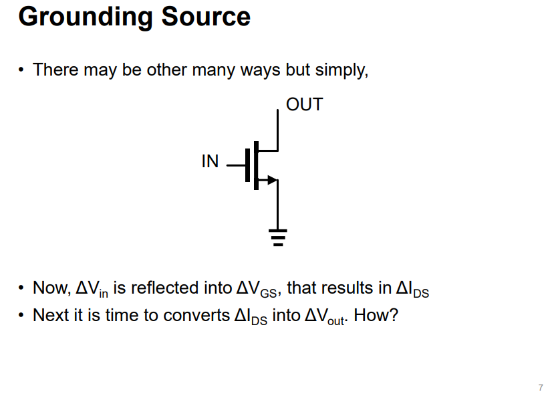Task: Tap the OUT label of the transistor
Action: [304, 104]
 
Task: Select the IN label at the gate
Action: [210, 162]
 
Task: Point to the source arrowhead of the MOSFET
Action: [271, 179]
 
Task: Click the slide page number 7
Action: [540, 387]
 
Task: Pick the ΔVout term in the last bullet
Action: [325, 316]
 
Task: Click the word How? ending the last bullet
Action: [376, 314]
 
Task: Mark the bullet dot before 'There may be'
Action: [22, 70]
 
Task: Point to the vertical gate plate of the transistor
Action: [247, 165]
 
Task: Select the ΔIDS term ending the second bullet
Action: [412, 290]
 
